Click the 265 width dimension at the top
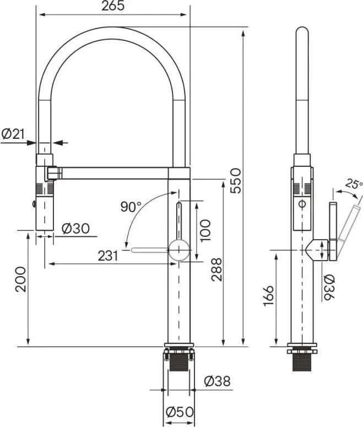pos(113,7)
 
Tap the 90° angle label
pos(131,207)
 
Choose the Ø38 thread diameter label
pos(216,381)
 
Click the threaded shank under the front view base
pos(177,362)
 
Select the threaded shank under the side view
pos(303,363)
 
